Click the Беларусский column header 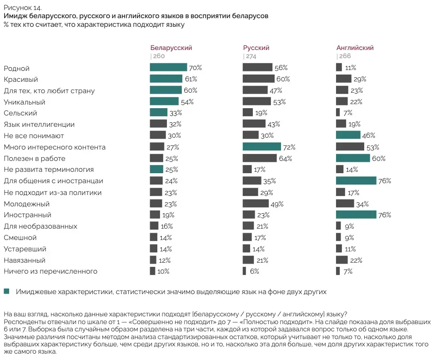tap(171, 48)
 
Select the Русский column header tap(256, 48)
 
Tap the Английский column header tap(355, 48)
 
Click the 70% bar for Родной tap(168, 67)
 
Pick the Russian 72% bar tap(262, 147)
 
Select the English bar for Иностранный tap(356, 215)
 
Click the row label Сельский tap(20, 113)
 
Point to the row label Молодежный tap(26, 204)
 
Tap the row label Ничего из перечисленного tap(50, 271)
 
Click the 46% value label tap(369, 135)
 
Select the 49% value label tap(277, 204)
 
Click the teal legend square tap(6, 291)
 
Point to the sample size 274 tap(251, 56)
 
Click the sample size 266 tap(345, 56)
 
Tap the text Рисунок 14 tap(23, 8)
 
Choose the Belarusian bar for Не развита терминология tap(156, 169)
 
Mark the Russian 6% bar tap(244, 271)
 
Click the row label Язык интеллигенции tap(39, 125)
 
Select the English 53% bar tap(350, 147)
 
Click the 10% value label tap(164, 271)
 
